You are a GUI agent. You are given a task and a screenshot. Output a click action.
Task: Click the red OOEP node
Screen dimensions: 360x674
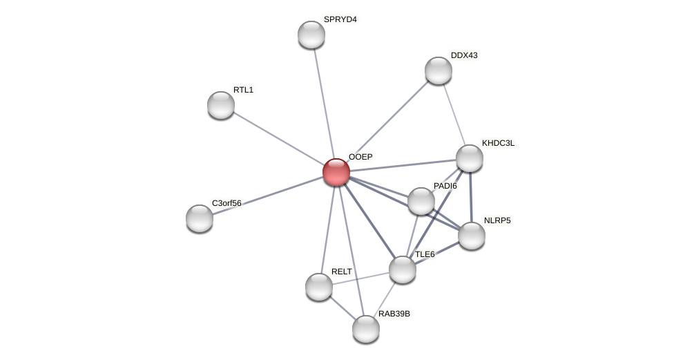[x=336, y=172]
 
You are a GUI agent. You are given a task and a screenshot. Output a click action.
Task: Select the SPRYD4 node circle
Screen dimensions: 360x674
[x=311, y=35]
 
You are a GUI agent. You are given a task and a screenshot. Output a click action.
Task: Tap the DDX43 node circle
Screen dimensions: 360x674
[x=439, y=70]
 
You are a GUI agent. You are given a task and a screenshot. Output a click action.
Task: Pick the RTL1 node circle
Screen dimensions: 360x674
[x=221, y=105]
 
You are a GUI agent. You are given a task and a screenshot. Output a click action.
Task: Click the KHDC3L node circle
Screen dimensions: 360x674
[x=470, y=158]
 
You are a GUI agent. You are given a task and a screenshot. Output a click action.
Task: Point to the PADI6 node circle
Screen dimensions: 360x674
[x=421, y=201]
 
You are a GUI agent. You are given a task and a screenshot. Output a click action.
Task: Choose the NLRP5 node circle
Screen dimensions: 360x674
[x=472, y=236]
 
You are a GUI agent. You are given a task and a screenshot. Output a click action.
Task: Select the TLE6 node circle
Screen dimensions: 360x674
[x=403, y=269]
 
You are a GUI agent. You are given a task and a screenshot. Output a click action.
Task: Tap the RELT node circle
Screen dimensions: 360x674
[x=319, y=287]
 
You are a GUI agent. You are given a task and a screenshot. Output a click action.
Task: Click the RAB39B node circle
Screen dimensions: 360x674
[x=366, y=329]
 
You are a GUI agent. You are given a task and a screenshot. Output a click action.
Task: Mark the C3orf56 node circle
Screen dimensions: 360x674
[x=200, y=218]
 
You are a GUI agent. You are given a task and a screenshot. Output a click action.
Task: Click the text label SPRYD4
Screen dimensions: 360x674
[x=340, y=19]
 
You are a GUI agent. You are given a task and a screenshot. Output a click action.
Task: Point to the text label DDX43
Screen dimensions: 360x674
[x=464, y=55]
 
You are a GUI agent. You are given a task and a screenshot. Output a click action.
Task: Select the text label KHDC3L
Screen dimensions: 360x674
[x=498, y=143]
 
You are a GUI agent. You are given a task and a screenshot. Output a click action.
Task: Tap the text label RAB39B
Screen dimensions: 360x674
[x=394, y=314]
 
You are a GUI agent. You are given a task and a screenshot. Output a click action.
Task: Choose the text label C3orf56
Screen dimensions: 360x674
[x=227, y=203]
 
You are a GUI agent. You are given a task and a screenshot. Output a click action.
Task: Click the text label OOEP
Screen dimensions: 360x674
[x=360, y=157]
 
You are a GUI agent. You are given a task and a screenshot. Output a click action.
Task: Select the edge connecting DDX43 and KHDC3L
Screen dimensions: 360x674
[x=454, y=113]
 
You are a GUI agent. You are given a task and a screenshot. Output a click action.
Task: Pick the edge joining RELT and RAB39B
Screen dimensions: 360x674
[x=343, y=308]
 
